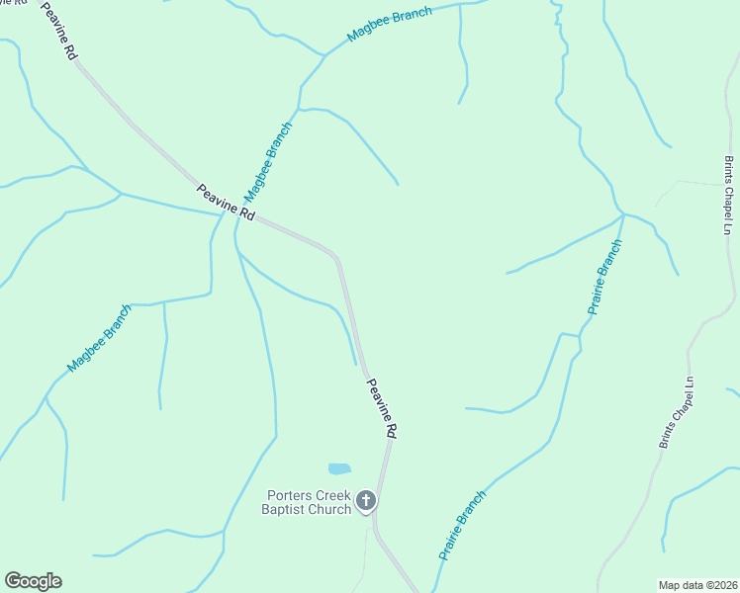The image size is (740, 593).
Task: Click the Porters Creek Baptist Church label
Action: tap(308, 502)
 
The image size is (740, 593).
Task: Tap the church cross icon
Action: tap(366, 502)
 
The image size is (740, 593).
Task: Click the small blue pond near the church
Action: tap(339, 468)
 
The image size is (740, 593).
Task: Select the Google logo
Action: tap(33, 581)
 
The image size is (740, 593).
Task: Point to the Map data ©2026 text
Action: tap(697, 584)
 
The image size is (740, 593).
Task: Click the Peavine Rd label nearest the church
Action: tap(383, 407)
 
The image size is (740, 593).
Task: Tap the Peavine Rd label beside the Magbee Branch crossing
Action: tap(226, 203)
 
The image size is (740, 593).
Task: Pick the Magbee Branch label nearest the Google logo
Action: tap(99, 339)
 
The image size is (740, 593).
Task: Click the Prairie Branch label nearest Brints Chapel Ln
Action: tap(604, 277)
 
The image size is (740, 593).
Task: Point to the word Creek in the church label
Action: tap(334, 495)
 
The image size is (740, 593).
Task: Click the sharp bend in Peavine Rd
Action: tap(337, 259)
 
